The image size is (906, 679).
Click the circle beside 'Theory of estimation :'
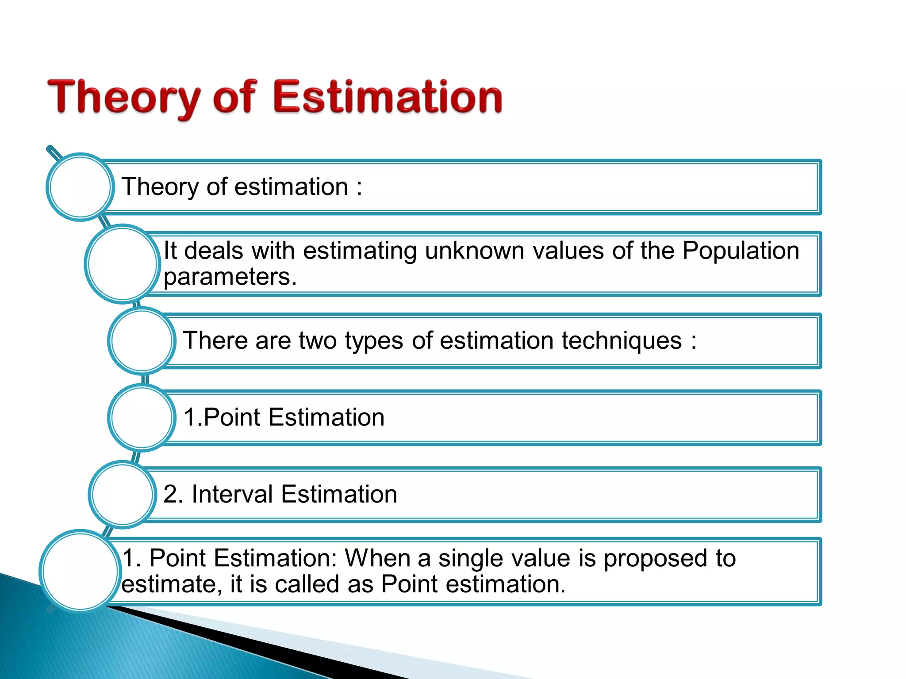coord(80,187)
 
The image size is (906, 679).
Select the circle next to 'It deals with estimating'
coord(122,264)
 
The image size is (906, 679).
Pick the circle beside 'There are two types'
coord(142,341)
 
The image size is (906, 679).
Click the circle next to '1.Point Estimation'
coord(142,418)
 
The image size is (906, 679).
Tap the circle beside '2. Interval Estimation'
coord(122,495)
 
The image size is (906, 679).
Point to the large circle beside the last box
coord(80,572)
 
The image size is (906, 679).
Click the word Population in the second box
coord(741,251)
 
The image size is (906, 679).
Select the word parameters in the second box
coord(230,277)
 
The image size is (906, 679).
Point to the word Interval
coord(232,494)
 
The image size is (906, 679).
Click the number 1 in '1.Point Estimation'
coord(189,417)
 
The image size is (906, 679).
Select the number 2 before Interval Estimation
coord(170,494)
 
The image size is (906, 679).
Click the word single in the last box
coord(471,558)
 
